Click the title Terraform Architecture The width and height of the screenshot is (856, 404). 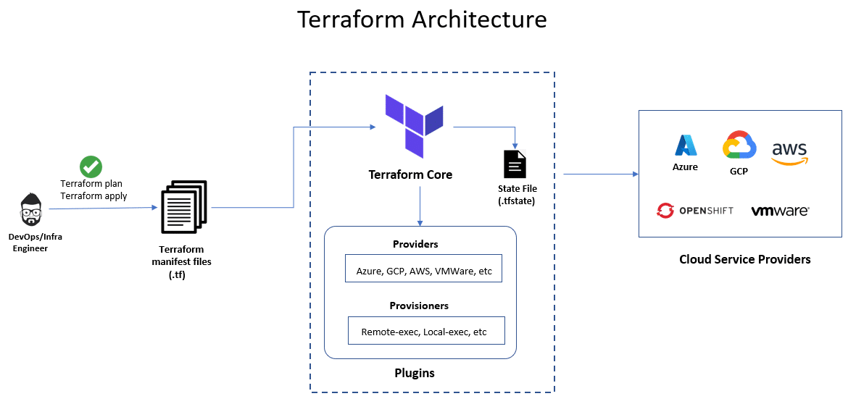point(422,20)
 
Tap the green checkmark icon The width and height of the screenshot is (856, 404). point(91,167)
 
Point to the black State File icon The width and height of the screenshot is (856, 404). point(515,164)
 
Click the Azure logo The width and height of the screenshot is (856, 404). point(685,146)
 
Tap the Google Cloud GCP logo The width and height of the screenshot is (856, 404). point(739,146)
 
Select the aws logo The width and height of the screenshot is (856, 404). point(789,152)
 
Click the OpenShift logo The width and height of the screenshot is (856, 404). point(694,211)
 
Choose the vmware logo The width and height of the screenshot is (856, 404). point(780,211)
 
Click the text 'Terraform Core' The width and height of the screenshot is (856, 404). point(410,174)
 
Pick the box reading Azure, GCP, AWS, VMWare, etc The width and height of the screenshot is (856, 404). point(424,271)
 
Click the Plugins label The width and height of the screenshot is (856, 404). point(415,373)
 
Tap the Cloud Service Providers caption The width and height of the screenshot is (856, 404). point(744,259)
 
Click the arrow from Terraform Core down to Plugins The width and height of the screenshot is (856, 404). point(420,206)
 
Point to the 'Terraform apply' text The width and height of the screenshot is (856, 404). point(94,196)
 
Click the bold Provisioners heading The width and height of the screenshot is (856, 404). point(419,306)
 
